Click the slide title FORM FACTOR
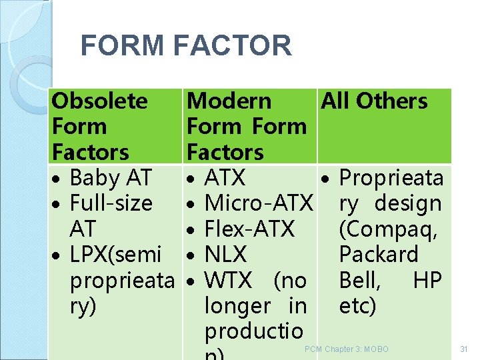coord(186,46)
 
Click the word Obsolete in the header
coord(100,101)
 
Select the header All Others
coord(374,101)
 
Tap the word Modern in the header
coord(229,101)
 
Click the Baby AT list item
coord(111,178)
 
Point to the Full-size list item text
coord(111,203)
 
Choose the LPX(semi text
coord(115,255)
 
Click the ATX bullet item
coord(225,178)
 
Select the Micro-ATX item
coord(259,203)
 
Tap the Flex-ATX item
coord(249,229)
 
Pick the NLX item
coord(226,255)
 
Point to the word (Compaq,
coord(389,229)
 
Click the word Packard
coord(379,255)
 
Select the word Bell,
coord(360,281)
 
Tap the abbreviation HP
coord(427,281)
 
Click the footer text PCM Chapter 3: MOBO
coord(346,349)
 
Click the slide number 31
coord(464,349)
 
